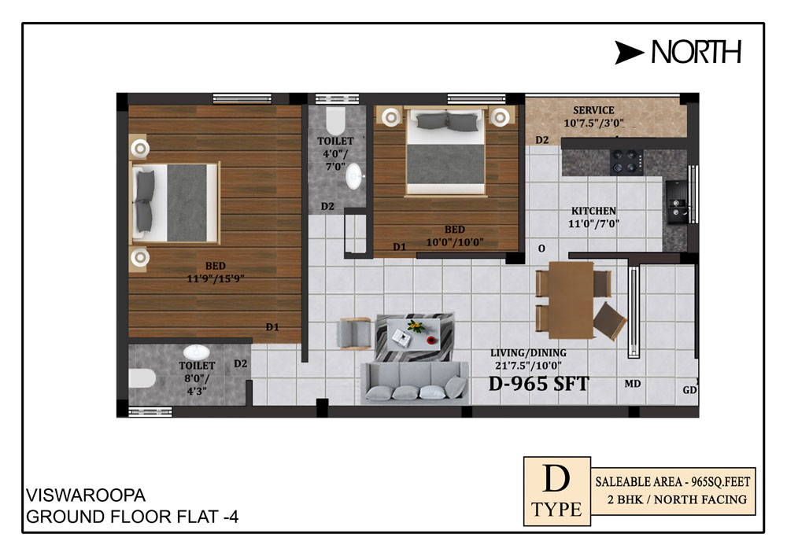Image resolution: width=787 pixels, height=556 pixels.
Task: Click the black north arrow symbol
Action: [627, 52]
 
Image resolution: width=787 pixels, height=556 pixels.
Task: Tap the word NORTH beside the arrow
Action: [696, 52]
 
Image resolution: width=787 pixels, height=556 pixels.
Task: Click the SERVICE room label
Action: [593, 110]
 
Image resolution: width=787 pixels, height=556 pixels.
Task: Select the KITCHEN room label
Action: [593, 211]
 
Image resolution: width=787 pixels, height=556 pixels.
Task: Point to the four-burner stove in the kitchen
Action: [626, 162]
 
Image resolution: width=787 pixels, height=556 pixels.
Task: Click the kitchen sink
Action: [676, 202]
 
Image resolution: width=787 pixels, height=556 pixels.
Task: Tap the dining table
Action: [571, 300]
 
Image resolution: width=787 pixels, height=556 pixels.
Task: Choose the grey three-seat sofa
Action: [415, 382]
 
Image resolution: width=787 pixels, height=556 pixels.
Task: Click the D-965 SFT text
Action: [538, 384]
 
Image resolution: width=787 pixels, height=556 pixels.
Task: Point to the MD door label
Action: [633, 384]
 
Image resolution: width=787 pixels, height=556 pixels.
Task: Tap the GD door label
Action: [690, 389]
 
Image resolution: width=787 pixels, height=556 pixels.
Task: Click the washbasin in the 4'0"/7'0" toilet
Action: [354, 176]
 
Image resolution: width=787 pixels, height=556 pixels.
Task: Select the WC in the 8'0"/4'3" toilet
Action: [142, 378]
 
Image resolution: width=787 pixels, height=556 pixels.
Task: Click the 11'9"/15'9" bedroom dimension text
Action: [216, 278]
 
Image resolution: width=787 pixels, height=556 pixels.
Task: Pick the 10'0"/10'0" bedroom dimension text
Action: [455, 242]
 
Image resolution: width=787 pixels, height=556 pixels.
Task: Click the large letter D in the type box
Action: [556, 479]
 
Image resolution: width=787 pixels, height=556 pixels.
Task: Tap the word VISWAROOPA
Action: [86, 495]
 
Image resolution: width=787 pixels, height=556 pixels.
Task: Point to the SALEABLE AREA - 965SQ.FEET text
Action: [673, 482]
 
